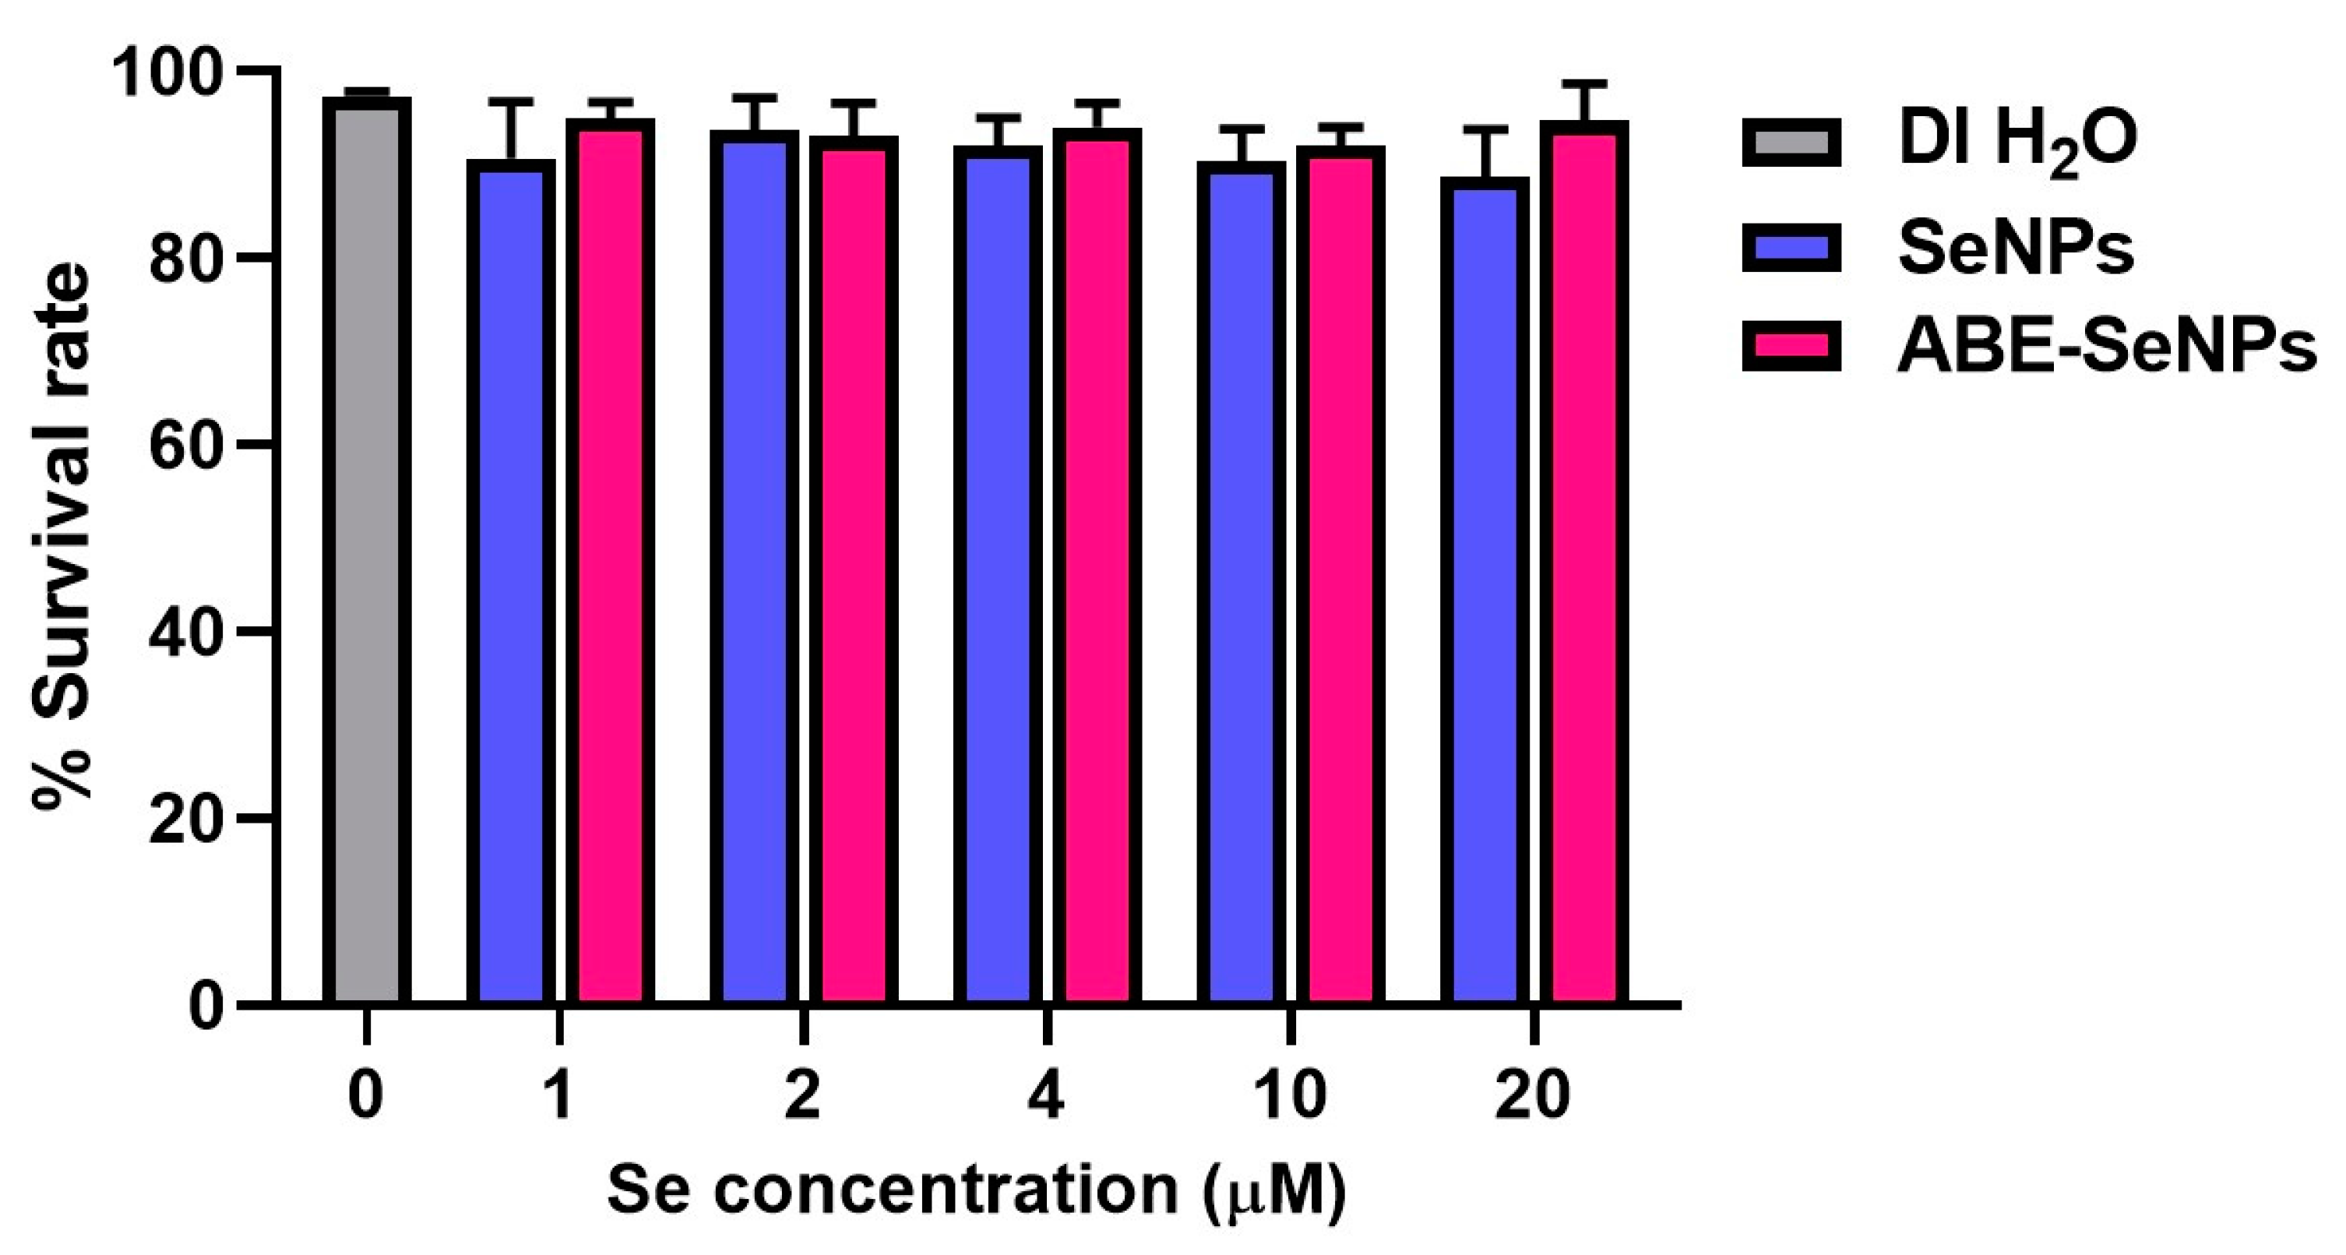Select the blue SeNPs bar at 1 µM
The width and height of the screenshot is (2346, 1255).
(x=511, y=583)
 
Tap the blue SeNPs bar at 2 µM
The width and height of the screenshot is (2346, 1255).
(x=754, y=569)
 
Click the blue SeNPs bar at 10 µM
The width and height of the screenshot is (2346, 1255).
(x=1242, y=583)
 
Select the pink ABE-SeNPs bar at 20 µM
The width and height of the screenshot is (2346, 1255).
(x=1589, y=564)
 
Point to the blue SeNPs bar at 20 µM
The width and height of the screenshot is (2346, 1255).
(x=1485, y=592)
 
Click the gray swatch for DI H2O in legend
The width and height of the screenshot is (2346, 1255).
(x=1791, y=142)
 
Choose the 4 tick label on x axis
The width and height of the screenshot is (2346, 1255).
(x=1046, y=1095)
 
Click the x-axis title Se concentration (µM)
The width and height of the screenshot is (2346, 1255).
(x=976, y=1190)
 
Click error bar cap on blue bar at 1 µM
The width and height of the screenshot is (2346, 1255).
(x=516, y=100)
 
